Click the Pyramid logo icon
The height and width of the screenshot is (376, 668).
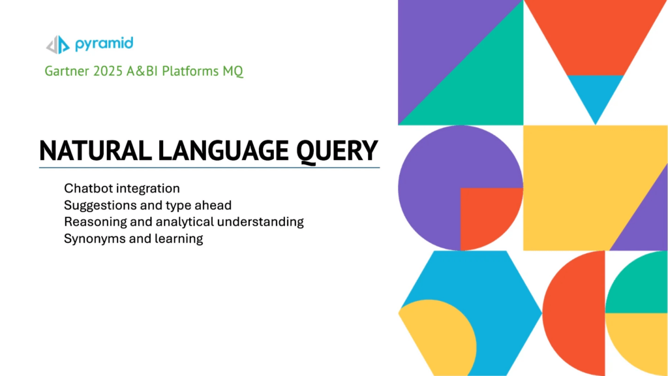pos(57,44)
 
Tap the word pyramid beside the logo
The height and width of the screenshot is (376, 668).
pos(104,44)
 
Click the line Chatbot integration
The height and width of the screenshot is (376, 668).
pos(121,189)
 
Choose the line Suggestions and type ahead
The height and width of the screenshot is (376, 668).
pos(147,205)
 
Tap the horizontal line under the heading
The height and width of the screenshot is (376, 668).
pos(209,168)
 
